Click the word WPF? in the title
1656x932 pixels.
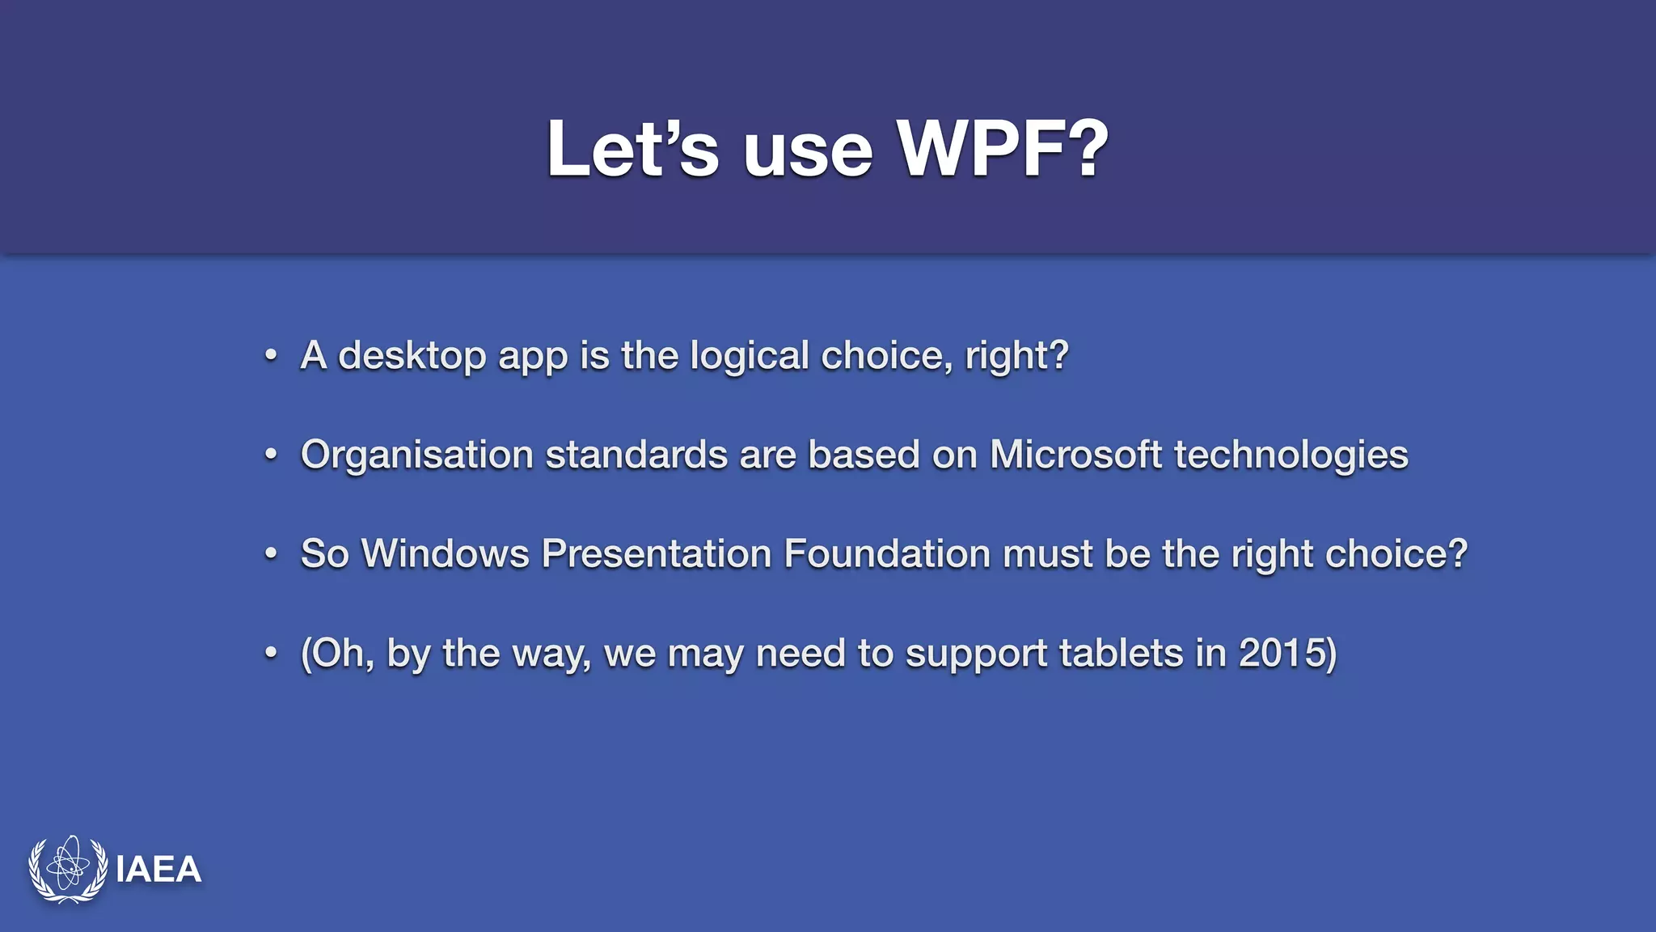(1003, 150)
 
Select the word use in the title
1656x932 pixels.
(808, 152)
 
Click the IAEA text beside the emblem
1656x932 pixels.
(158, 871)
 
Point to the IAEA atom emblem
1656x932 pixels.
(68, 869)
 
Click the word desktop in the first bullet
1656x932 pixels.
(412, 356)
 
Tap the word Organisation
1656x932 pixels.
(417, 455)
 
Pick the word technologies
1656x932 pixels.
(1291, 455)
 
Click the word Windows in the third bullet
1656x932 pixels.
(445, 554)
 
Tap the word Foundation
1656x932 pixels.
(887, 554)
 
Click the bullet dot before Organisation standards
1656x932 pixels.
(272, 455)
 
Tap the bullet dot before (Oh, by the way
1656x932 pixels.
(272, 654)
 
